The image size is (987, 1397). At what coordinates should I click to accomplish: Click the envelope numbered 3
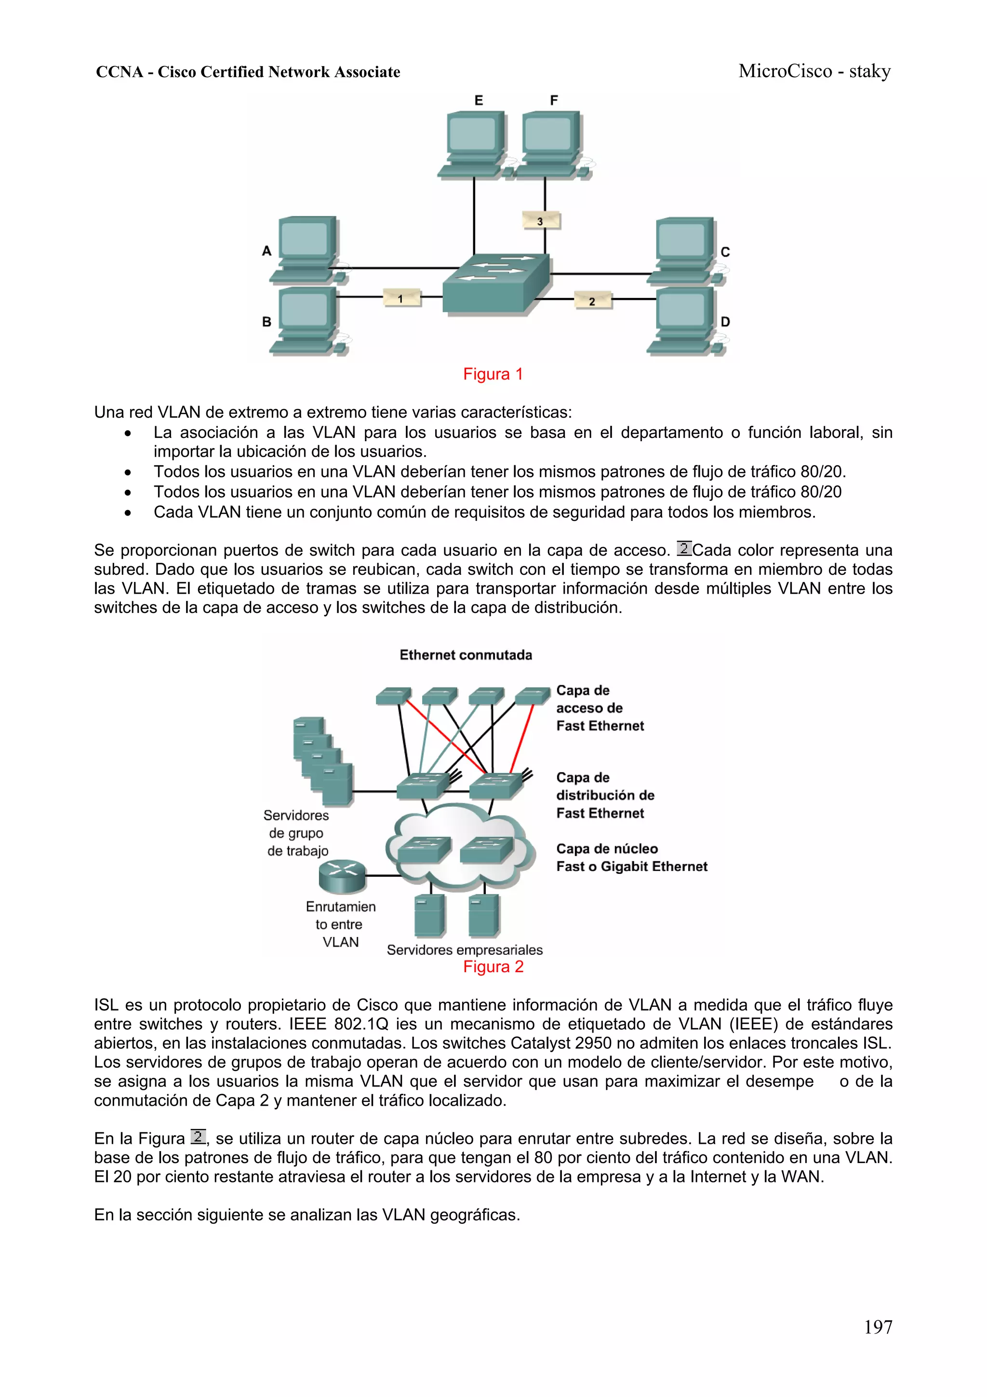coord(541,220)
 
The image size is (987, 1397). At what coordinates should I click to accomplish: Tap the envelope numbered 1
coord(401,298)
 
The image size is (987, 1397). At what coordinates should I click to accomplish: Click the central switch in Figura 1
coord(495,283)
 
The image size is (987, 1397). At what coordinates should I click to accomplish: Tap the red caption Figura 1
coord(493,374)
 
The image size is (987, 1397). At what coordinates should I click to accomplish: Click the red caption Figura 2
coord(493,966)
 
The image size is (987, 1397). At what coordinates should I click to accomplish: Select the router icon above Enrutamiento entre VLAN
coord(342,874)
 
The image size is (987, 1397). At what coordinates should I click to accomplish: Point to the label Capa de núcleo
coord(606,848)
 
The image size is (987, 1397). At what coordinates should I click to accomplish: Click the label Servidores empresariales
coord(465,949)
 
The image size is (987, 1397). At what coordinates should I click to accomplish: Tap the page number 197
coord(878,1327)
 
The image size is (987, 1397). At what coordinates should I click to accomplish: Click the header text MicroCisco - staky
coord(814,71)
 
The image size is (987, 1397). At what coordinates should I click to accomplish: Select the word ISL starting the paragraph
coord(107,1004)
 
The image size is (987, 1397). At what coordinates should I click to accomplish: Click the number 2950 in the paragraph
coord(593,1043)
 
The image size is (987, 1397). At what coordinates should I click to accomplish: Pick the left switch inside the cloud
coord(424,849)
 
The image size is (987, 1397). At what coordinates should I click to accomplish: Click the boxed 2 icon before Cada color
coord(683,549)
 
